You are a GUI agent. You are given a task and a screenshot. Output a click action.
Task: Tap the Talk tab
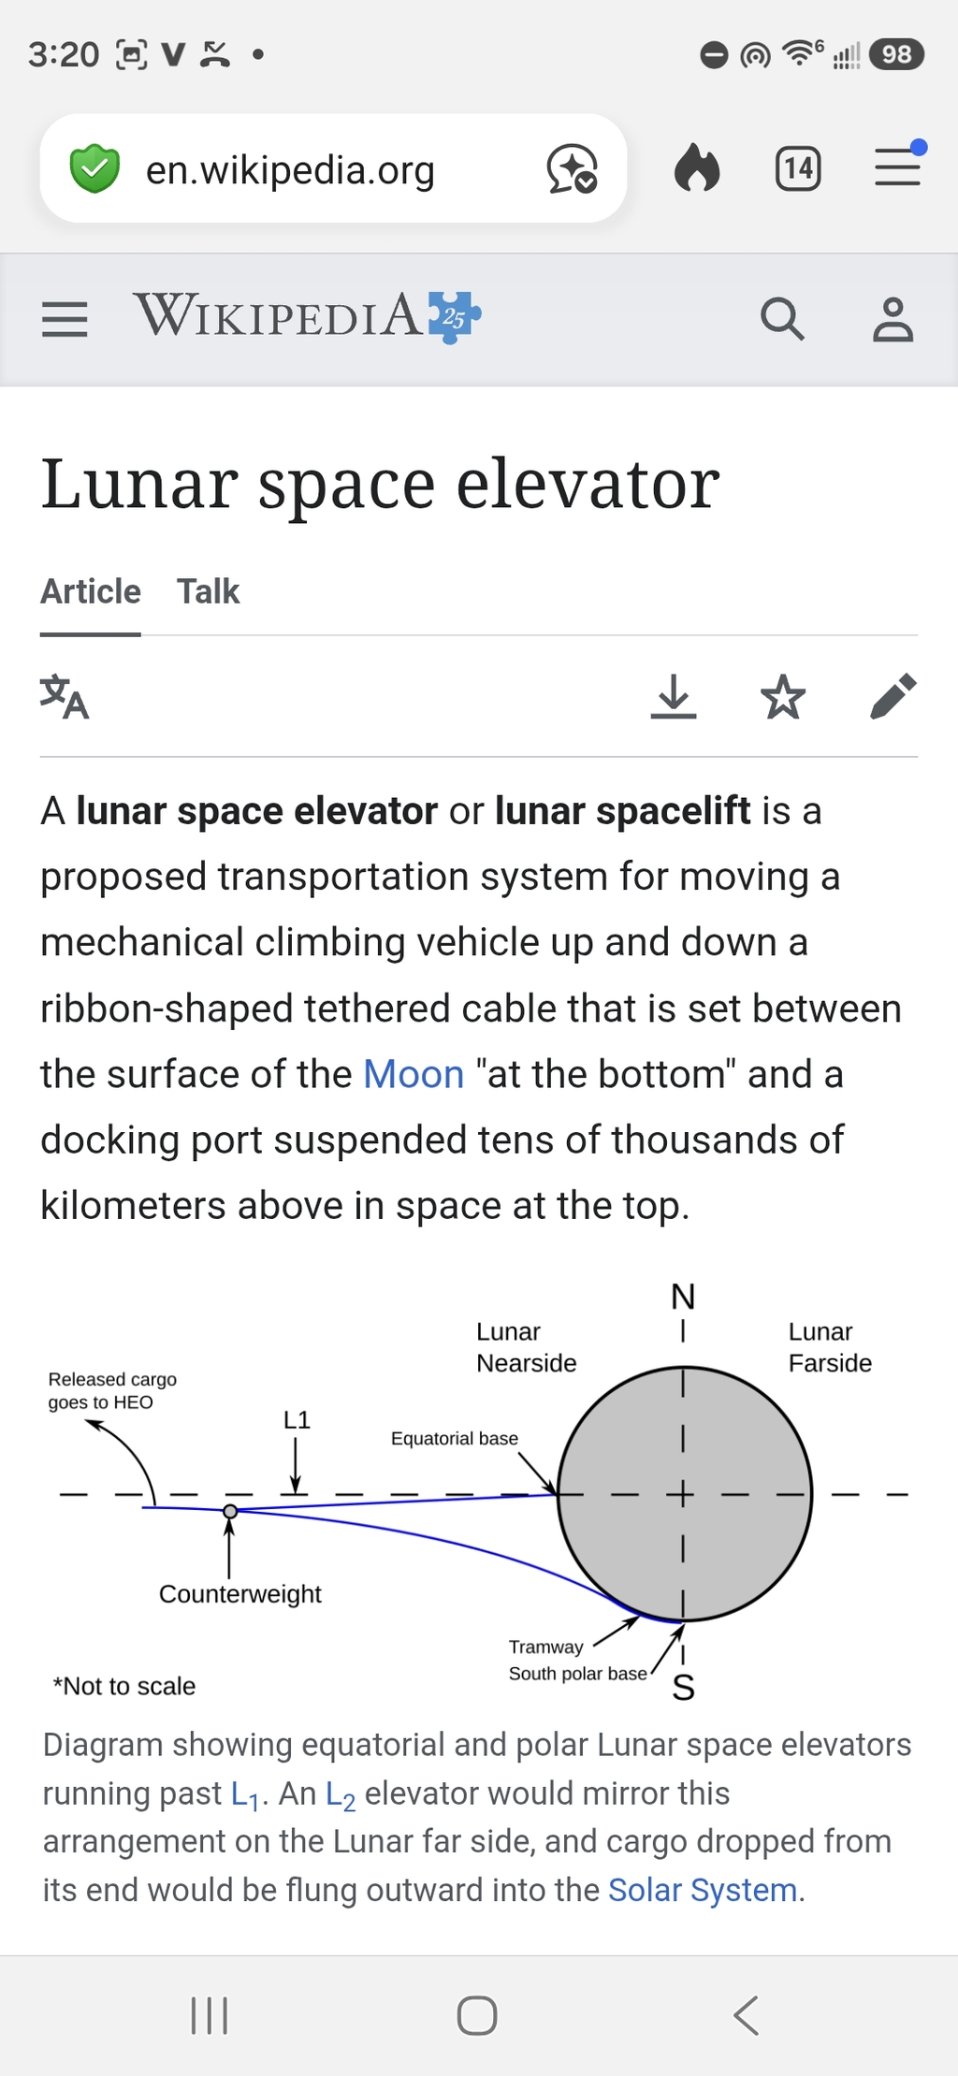click(x=209, y=591)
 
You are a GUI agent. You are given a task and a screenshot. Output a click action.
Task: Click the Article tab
click(x=91, y=591)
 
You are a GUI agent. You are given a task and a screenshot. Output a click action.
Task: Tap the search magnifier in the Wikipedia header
click(x=782, y=319)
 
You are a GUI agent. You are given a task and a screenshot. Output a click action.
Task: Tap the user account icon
click(x=893, y=319)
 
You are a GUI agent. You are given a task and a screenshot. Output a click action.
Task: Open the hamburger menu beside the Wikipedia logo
click(x=65, y=319)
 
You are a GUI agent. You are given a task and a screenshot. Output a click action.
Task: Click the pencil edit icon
click(x=893, y=696)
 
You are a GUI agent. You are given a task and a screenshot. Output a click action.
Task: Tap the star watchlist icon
click(x=783, y=696)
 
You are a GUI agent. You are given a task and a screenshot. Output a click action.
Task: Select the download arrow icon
click(x=674, y=696)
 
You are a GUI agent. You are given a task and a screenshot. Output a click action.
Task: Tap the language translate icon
click(x=65, y=697)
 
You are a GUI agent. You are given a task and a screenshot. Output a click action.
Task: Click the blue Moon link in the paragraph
click(x=414, y=1074)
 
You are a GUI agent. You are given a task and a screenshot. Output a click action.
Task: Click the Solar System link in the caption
click(x=703, y=1890)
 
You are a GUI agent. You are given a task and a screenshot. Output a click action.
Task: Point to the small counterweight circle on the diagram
click(x=230, y=1510)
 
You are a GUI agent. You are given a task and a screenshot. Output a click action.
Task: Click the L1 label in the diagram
click(x=297, y=1419)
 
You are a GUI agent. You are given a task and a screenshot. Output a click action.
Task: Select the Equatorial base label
click(x=455, y=1438)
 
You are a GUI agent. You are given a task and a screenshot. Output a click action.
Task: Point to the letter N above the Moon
click(x=683, y=1297)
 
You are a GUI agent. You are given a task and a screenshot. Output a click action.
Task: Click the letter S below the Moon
click(x=684, y=1687)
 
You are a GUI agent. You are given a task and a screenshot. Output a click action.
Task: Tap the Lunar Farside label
click(x=830, y=1347)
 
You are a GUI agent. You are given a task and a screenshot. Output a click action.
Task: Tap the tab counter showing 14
click(x=798, y=168)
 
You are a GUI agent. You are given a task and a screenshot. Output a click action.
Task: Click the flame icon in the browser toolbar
click(x=697, y=167)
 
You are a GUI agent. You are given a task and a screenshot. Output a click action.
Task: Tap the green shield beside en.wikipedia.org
click(x=94, y=168)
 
